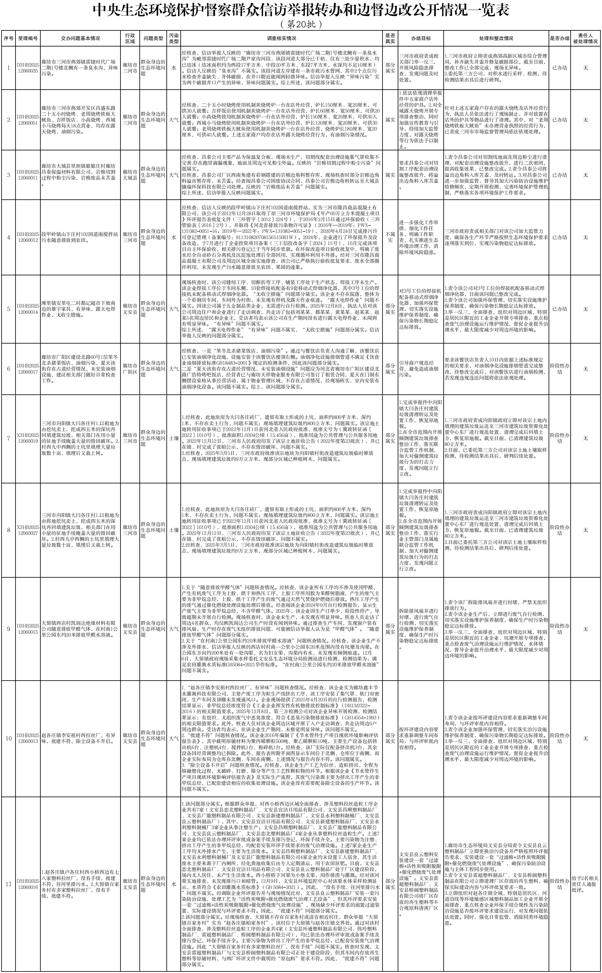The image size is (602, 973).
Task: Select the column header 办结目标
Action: (420, 38)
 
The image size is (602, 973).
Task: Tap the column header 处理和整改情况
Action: (496, 38)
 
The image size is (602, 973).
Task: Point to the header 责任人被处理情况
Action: (585, 38)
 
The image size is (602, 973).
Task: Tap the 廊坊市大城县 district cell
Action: (130, 175)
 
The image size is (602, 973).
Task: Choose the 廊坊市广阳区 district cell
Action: (130, 369)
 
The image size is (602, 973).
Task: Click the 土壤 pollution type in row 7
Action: (174, 438)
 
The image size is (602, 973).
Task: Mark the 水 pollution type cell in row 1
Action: (174, 68)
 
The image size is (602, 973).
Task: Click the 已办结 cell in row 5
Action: (559, 309)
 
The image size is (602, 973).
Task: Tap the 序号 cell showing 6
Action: (8, 369)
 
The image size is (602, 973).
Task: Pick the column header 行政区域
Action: (130, 38)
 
